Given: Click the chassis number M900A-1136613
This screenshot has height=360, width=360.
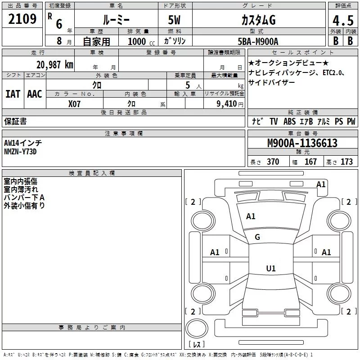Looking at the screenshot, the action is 302,144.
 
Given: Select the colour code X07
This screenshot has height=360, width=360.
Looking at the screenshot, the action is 74,103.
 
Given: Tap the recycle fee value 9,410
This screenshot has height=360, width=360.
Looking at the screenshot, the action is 226,103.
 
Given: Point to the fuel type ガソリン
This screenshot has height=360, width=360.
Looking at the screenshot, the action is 175,41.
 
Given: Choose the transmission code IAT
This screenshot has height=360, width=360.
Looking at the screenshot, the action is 13,94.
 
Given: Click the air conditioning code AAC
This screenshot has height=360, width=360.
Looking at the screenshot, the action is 34,94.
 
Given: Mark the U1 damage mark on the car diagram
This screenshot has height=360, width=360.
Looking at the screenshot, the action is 270,269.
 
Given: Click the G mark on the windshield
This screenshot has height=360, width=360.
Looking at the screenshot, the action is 257,237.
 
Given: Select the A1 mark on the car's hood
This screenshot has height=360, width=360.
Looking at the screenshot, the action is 251,216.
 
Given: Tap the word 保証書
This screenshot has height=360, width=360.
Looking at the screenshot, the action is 15,121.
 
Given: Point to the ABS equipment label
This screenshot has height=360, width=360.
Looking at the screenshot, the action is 290,121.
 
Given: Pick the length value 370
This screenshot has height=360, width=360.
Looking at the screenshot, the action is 273,162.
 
